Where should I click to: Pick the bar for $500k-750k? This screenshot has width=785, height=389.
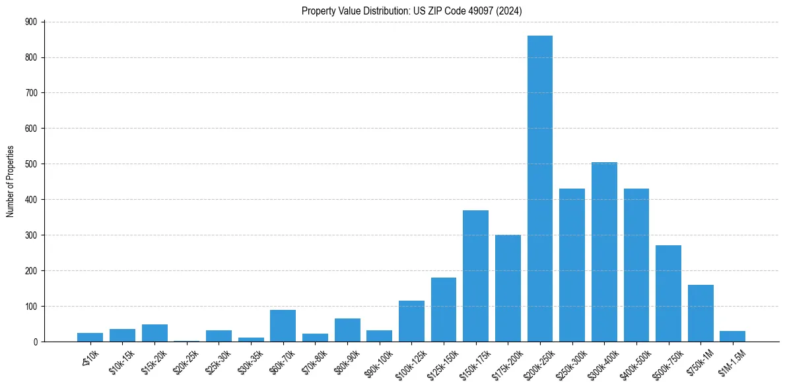(668, 293)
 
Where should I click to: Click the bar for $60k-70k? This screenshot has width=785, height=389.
(283, 326)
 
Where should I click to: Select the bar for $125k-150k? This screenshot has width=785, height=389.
(443, 309)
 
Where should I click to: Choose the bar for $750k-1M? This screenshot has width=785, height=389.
(700, 313)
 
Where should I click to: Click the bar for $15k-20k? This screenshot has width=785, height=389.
(154, 333)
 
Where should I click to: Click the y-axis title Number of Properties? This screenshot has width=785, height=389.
(11, 181)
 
